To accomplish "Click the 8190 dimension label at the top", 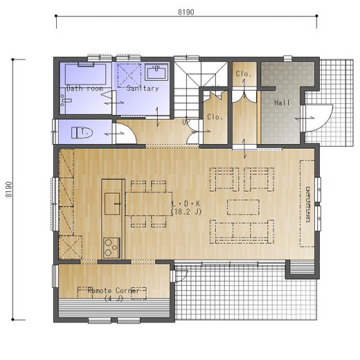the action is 186,12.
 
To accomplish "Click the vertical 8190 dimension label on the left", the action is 8,190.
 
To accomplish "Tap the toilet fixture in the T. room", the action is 82,133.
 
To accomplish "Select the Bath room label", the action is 84,88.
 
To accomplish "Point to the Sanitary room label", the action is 143,88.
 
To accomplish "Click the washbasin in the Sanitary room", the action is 157,71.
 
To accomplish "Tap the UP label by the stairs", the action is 186,122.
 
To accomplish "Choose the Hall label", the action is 282,102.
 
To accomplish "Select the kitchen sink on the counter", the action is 112,204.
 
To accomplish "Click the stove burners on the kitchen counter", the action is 111,248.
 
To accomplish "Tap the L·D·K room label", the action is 186,204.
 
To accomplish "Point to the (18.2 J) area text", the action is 186,212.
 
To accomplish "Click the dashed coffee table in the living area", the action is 243,207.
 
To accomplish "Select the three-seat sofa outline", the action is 242,231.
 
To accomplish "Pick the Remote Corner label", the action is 113,291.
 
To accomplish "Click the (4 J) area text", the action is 114,298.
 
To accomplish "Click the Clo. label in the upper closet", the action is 243,74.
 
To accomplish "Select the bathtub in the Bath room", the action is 85,73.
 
